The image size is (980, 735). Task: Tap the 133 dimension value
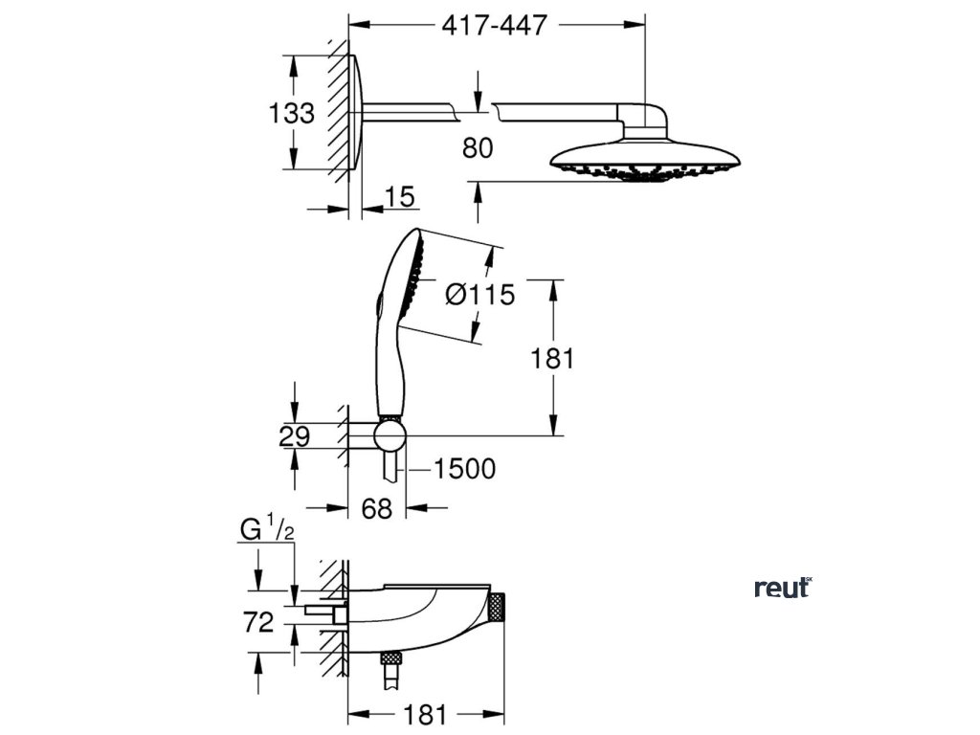point(291,114)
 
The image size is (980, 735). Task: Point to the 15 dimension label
point(400,197)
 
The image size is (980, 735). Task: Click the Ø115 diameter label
point(480,295)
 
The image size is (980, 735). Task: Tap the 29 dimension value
point(295,437)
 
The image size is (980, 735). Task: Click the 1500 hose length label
point(464,469)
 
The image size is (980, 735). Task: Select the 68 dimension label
point(377,509)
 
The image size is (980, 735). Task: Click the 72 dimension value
point(258,622)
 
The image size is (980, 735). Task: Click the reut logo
point(782,588)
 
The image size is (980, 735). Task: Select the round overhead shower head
point(647,159)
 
